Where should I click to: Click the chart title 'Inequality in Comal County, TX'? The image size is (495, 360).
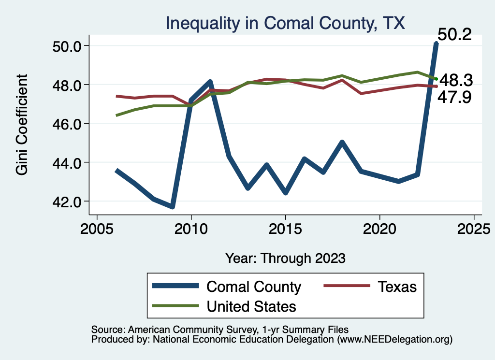coord(285,23)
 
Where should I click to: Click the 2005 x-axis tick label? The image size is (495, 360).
coord(97,228)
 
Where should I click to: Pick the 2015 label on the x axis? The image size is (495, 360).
coord(285,228)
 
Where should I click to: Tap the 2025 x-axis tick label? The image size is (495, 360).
coord(474,228)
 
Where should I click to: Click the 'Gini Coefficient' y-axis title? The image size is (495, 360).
coord(22,124)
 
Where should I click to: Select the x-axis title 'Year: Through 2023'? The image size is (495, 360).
coord(285,258)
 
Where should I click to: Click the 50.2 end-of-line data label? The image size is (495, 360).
coord(454,35)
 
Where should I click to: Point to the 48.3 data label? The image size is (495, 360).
coord(455,80)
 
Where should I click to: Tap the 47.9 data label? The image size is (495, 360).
coord(454,98)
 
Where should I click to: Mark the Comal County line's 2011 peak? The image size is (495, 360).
coord(210,82)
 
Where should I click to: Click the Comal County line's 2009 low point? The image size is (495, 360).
coord(172,207)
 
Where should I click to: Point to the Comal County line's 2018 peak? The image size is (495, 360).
coord(342,142)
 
